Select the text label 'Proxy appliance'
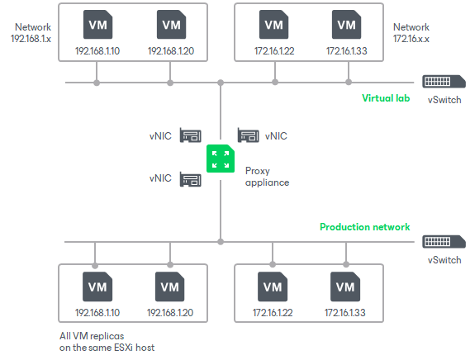click(267, 176)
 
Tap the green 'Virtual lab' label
click(386, 98)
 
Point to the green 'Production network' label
click(364, 227)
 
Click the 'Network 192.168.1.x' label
click(31, 33)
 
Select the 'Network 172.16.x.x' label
click(411, 33)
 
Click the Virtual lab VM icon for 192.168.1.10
click(97, 25)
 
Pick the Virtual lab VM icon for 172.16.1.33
click(346, 25)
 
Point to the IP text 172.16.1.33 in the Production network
click(346, 314)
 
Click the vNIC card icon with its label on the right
click(249, 135)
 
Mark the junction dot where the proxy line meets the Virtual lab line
click(221, 83)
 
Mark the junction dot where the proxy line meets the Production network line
click(221, 242)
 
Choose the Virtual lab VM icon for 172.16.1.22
click(273, 25)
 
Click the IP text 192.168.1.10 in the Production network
click(97, 314)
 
